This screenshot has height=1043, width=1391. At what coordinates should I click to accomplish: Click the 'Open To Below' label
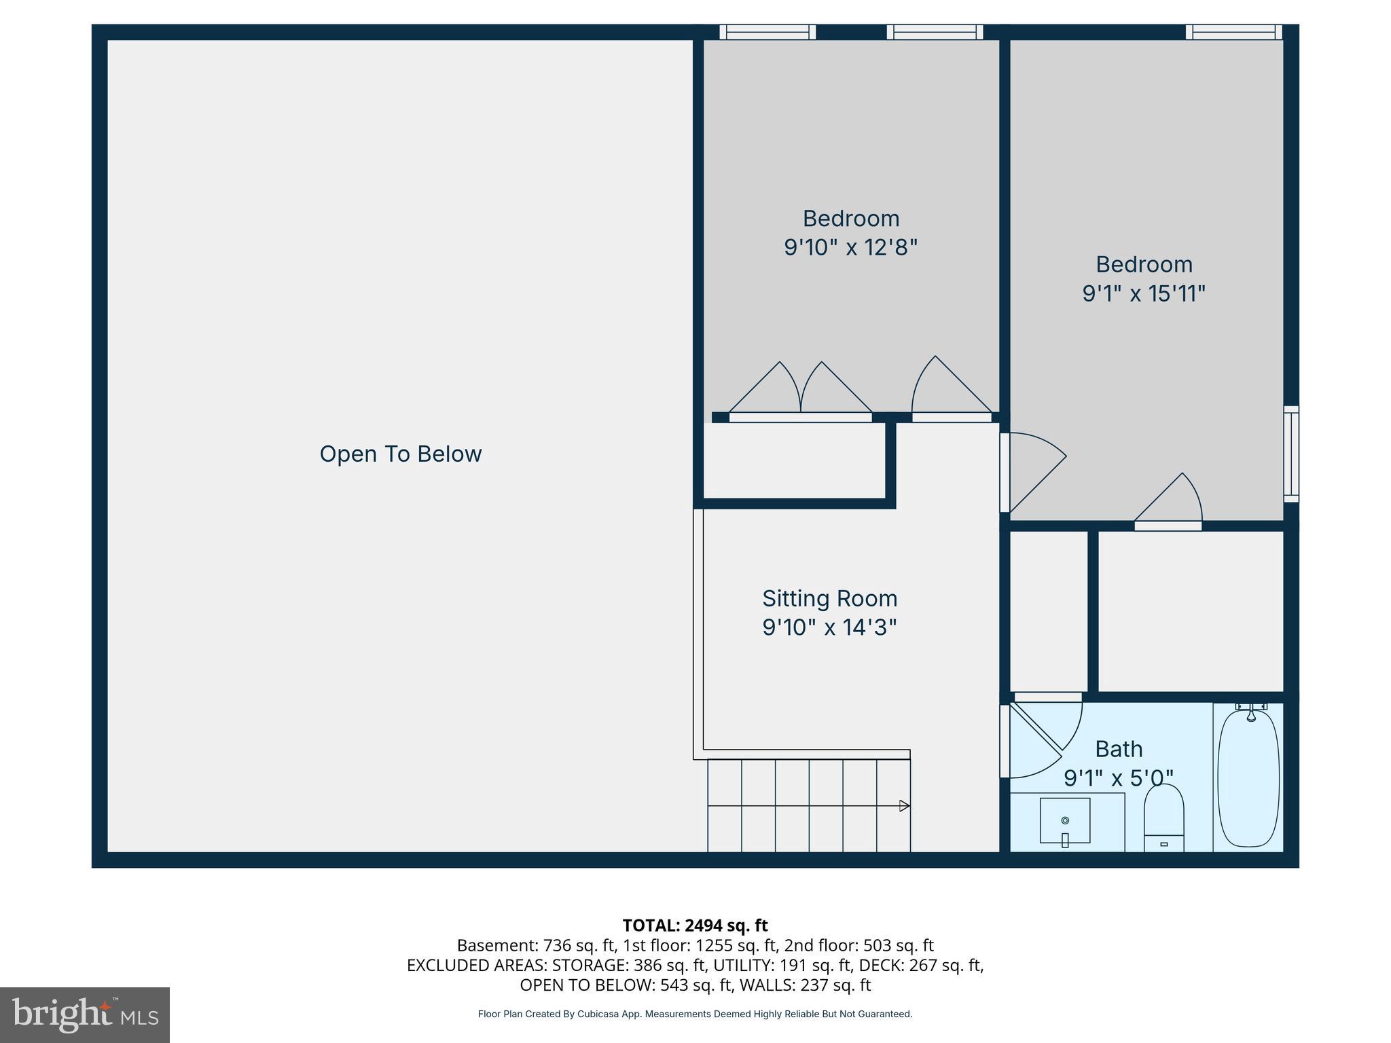tap(401, 454)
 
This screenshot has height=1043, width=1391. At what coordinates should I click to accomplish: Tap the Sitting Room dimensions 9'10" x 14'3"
tap(829, 627)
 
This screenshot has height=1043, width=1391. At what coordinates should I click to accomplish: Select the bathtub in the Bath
tap(1248, 777)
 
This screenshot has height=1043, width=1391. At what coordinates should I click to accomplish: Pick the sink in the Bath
tap(1065, 822)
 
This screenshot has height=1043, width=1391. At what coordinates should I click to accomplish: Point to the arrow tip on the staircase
tap(905, 806)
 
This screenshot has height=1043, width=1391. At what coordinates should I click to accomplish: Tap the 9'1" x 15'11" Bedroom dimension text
tap(1144, 293)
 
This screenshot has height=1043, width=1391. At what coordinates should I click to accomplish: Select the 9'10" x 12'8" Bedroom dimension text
tap(850, 247)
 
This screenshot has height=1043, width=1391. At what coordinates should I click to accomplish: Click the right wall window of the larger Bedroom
tap(1291, 454)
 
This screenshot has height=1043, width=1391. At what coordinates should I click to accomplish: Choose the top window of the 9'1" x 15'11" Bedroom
tap(1233, 32)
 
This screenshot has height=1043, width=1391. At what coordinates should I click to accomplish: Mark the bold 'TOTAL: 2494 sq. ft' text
tap(695, 926)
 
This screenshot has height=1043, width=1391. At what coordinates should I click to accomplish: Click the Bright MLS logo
tap(85, 1015)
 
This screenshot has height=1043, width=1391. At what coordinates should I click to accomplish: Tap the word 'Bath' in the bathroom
tap(1119, 749)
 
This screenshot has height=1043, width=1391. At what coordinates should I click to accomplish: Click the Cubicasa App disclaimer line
tap(695, 1014)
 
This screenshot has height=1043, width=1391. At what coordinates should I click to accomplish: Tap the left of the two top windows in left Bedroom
tap(767, 32)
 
